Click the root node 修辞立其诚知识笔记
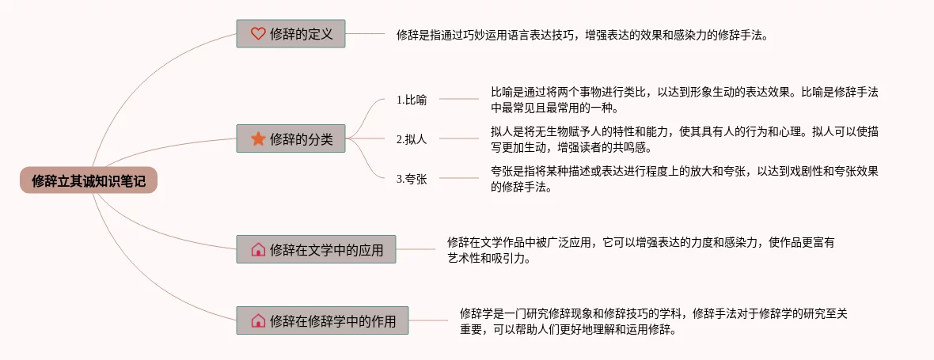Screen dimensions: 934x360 [89, 180]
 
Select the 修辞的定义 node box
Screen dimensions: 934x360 [290, 33]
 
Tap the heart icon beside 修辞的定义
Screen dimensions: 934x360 [258, 33]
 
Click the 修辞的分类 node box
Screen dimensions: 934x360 [290, 138]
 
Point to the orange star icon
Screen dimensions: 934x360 [258, 138]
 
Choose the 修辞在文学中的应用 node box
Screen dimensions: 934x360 [316, 249]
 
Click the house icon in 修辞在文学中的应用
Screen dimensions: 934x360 [258, 249]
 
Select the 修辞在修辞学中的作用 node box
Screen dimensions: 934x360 [322, 320]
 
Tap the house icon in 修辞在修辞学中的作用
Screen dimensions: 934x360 [258, 320]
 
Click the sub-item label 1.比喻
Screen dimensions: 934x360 [412, 100]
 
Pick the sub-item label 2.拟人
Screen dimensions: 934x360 [412, 139]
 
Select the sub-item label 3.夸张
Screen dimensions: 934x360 [412, 179]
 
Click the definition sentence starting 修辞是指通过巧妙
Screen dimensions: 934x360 [582, 35]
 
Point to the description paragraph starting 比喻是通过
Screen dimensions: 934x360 [684, 100]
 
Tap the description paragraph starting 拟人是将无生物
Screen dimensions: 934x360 [684, 139]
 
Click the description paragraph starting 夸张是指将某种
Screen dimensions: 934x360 [684, 179]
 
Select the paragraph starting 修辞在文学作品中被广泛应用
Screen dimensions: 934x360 [640, 250]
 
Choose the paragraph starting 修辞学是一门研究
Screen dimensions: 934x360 [653, 321]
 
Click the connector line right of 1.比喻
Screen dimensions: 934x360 [459, 99]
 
